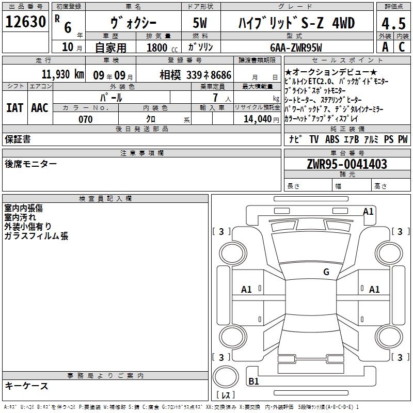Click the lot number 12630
[x=25, y=22]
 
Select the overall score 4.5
[x=393, y=24]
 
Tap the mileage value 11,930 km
[x=62, y=74]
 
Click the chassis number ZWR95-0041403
[x=347, y=164]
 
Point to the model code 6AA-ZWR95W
[x=296, y=47]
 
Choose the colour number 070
[x=86, y=120]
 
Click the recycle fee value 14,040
[x=257, y=119]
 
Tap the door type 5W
[x=200, y=23]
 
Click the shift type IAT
[x=15, y=108]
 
